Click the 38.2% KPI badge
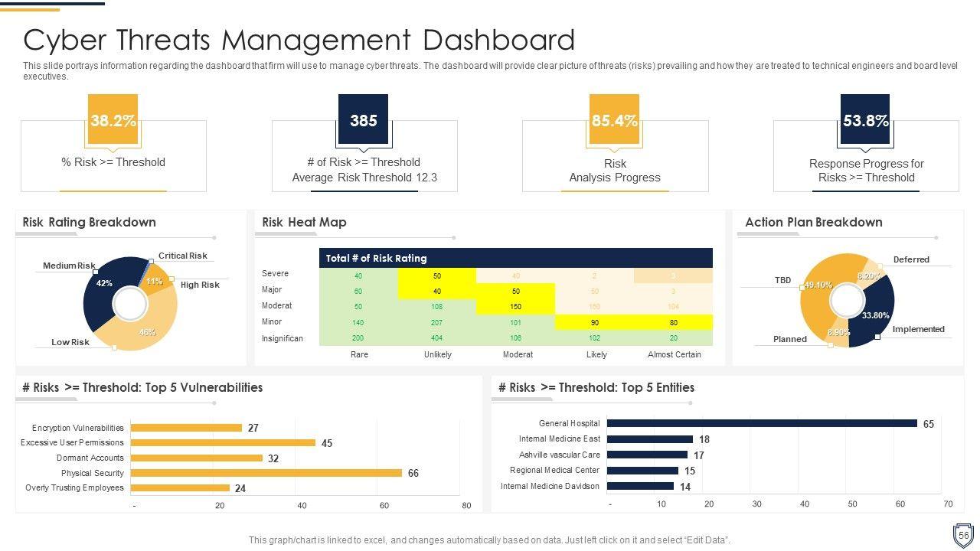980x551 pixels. point(113,120)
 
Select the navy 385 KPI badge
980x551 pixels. point(363,120)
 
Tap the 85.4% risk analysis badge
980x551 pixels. point(614,120)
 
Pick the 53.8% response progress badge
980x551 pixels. point(865,120)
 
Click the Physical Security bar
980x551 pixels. point(266,473)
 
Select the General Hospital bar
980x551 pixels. point(762,423)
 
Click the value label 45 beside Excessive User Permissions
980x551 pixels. point(327,443)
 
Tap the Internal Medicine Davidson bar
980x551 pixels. point(640,486)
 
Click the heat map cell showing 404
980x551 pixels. point(437,337)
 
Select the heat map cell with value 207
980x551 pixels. point(437,322)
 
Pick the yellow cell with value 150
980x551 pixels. point(515,306)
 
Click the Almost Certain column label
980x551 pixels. point(674,354)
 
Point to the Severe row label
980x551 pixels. point(276,273)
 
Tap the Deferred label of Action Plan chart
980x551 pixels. point(911,259)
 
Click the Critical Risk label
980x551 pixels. point(183,256)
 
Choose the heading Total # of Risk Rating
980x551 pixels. point(376,258)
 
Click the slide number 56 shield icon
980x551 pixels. point(963,535)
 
